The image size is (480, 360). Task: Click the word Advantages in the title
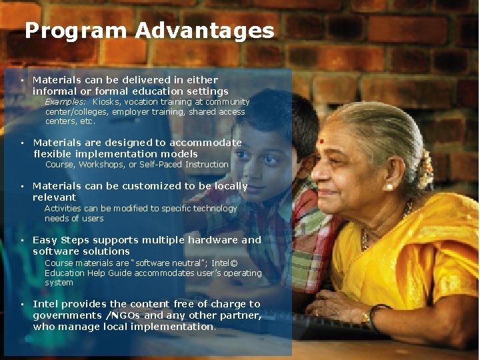click(204, 31)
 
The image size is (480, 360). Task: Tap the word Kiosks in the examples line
click(107, 102)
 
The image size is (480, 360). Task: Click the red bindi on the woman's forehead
click(321, 141)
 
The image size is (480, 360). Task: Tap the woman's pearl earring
click(389, 187)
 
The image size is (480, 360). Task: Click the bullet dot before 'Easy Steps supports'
click(23, 240)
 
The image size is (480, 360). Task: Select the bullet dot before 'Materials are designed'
click(23, 143)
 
